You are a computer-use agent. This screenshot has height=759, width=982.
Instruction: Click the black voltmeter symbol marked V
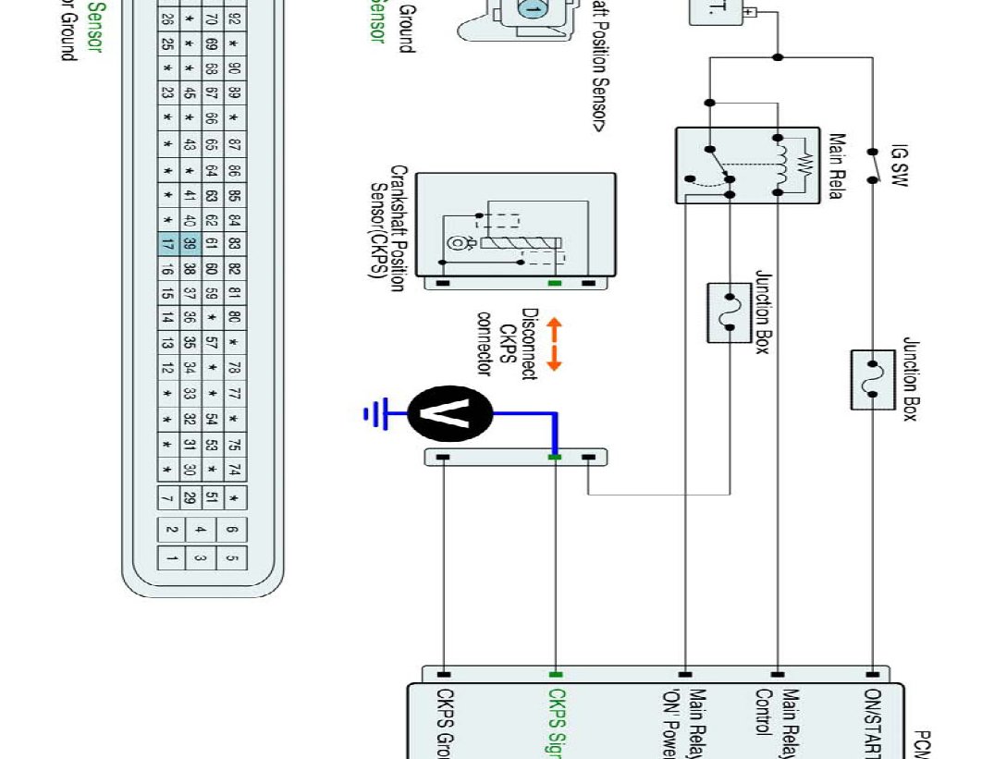pyautogui.click(x=450, y=413)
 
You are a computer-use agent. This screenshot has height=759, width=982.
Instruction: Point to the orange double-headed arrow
pyautogui.click(x=554, y=345)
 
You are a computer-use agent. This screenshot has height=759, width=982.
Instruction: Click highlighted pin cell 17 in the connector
pyautogui.click(x=167, y=244)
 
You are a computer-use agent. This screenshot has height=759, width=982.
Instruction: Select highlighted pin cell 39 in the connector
pyautogui.click(x=189, y=244)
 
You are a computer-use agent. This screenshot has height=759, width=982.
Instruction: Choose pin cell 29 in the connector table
pyautogui.click(x=189, y=498)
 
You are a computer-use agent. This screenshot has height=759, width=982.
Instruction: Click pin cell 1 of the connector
pyautogui.click(x=172, y=557)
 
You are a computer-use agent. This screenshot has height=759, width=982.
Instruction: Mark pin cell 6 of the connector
pyautogui.click(x=231, y=530)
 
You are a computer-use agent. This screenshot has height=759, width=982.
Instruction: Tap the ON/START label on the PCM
pyautogui.click(x=873, y=722)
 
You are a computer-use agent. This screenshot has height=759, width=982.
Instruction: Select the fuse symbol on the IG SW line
pyautogui.click(x=872, y=379)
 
